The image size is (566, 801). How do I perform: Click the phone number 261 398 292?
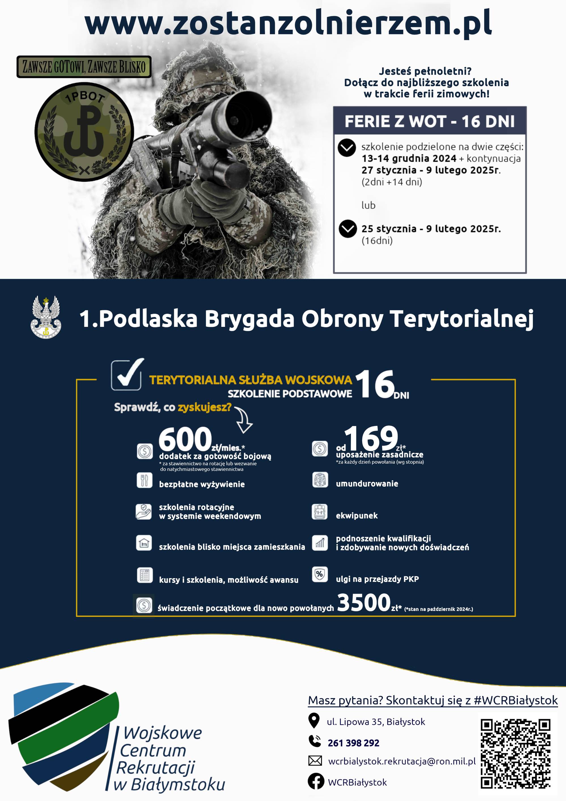click(x=353, y=743)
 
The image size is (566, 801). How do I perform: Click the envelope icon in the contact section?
click(x=315, y=761)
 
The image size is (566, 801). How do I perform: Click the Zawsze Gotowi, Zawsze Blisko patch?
click(x=84, y=66)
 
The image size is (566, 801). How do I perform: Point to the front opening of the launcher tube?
click(x=247, y=116)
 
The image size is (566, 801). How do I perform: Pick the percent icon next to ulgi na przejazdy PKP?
click(x=319, y=574)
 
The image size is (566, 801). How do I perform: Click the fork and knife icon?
click(x=144, y=480)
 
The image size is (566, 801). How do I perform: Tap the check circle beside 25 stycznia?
click(x=348, y=229)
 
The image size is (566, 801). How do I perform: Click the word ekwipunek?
click(x=357, y=515)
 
